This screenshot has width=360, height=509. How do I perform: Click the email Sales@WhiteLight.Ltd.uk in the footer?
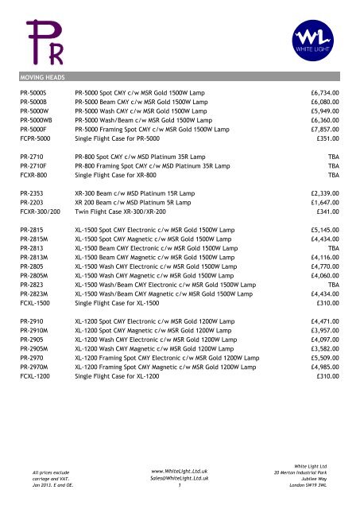click(179, 480)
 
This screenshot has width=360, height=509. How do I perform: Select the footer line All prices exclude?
click(39, 472)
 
